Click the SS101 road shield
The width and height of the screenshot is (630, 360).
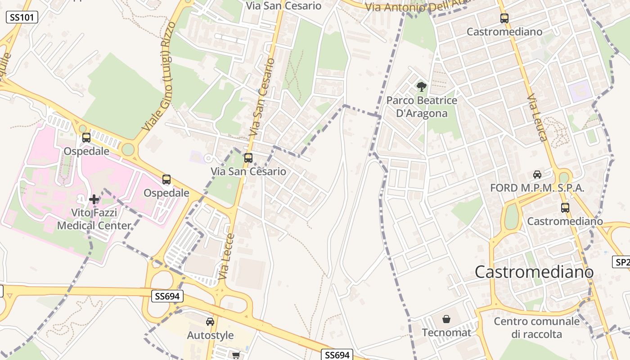(22, 18)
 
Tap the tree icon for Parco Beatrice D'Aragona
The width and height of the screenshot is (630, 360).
(421, 86)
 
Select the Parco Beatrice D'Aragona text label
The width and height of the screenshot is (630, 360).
(422, 107)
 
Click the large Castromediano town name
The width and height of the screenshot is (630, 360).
(534, 272)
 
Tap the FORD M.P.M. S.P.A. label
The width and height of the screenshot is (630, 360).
(537, 188)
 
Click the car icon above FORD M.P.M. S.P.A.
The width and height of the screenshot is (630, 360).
(537, 175)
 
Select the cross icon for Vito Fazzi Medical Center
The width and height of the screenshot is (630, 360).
(94, 199)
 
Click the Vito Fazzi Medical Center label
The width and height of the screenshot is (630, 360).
(94, 219)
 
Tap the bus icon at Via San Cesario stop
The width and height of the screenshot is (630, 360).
(248, 158)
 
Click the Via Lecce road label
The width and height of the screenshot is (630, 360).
(227, 256)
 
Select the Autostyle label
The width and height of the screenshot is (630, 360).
(210, 335)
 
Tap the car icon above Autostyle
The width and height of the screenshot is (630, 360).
(210, 322)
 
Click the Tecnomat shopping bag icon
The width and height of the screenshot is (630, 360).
(446, 319)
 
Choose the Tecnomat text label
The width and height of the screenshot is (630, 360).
(446, 333)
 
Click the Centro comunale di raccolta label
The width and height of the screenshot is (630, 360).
(536, 328)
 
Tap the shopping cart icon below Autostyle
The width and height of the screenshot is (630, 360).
(236, 355)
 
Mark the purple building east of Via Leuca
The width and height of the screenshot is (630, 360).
(580, 91)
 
